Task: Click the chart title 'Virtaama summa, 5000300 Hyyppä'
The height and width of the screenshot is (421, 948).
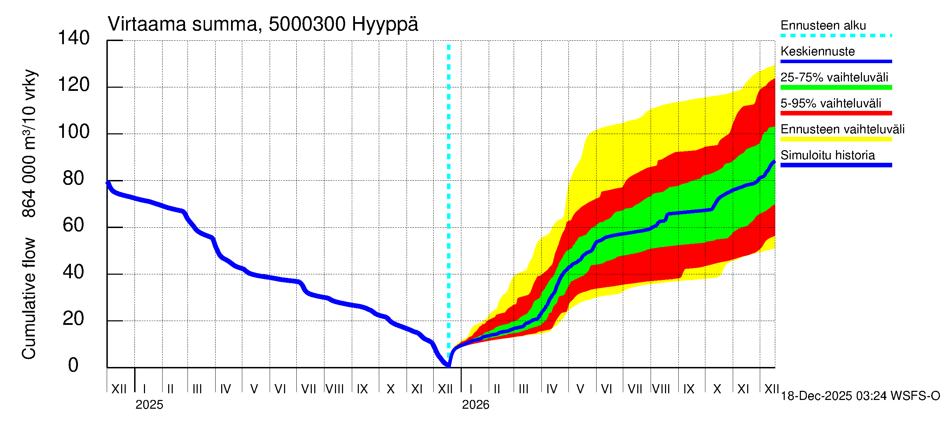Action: (x=263, y=24)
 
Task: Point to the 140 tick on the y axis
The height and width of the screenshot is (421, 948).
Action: (x=74, y=38)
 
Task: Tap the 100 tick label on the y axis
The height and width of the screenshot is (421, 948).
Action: (x=74, y=132)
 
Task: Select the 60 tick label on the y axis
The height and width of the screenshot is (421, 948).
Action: (x=74, y=225)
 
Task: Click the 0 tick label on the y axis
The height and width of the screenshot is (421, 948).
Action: (x=73, y=365)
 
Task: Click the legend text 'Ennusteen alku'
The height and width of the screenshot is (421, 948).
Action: (x=823, y=25)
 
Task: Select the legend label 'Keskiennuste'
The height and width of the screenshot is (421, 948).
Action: (x=817, y=52)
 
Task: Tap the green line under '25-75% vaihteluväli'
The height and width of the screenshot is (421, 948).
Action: (x=836, y=87)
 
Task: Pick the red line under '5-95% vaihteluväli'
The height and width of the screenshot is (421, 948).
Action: (x=836, y=113)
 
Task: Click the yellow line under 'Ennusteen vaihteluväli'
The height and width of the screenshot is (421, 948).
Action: (x=836, y=139)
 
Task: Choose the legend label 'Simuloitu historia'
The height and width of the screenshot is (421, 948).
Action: (x=827, y=155)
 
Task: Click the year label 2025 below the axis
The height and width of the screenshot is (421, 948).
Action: (x=149, y=405)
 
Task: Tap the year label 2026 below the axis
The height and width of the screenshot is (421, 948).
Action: (x=475, y=405)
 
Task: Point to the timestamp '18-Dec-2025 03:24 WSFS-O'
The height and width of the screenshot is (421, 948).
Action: (x=860, y=396)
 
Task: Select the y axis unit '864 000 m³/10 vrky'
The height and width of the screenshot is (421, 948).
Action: (x=29, y=143)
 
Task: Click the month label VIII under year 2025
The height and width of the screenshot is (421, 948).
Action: (x=335, y=389)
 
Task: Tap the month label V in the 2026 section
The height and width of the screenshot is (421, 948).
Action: (x=580, y=389)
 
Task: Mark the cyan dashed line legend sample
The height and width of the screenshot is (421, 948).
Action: (x=836, y=36)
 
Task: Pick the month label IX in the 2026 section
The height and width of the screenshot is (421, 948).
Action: (x=689, y=389)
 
